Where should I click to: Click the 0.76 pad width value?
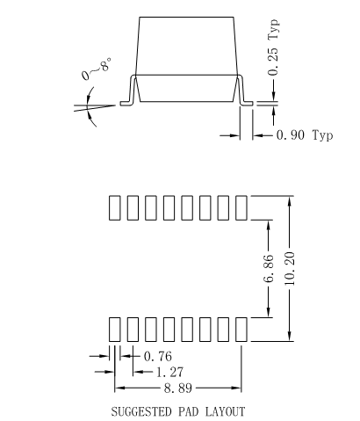pyautogui.click(x=157, y=356)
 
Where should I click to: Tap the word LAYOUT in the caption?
pyautogui.click(x=223, y=410)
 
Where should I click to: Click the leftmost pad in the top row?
pyautogui.click(x=114, y=207)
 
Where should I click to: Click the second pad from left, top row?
pyautogui.click(x=130, y=207)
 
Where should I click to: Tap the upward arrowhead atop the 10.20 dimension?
pyautogui.click(x=291, y=200)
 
